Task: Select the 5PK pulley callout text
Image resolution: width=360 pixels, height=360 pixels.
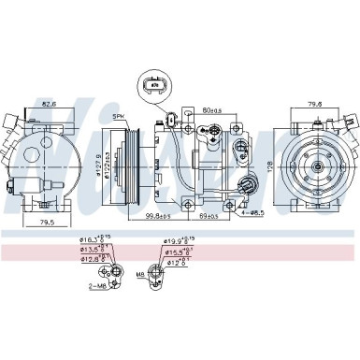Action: pyautogui.click(x=118, y=116)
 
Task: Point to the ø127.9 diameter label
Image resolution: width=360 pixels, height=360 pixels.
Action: pyautogui.click(x=100, y=164)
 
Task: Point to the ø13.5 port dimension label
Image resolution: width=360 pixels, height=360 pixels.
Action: pyautogui.click(x=92, y=251)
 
